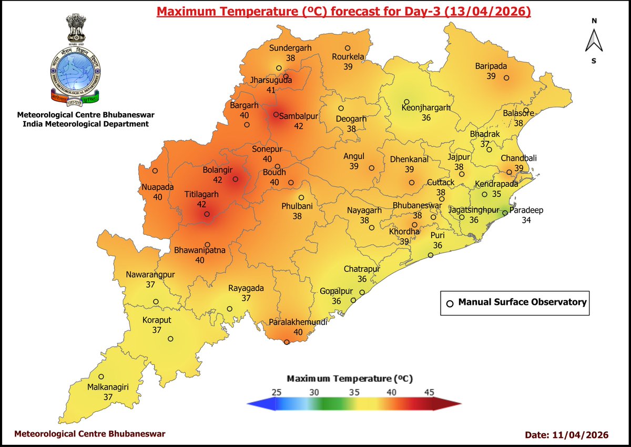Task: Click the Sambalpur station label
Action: (x=299, y=116)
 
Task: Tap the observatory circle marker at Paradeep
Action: (x=504, y=213)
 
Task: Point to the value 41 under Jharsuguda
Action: (x=271, y=90)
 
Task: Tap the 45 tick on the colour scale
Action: (x=429, y=392)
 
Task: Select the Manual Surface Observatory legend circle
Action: (x=450, y=303)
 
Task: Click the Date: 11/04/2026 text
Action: (x=566, y=435)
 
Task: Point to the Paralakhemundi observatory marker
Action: (x=287, y=342)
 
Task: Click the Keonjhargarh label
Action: (x=426, y=107)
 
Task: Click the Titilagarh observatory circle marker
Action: (x=207, y=214)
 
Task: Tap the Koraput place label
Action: (x=157, y=320)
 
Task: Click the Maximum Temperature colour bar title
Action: (x=350, y=379)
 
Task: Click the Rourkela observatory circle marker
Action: (x=348, y=48)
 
